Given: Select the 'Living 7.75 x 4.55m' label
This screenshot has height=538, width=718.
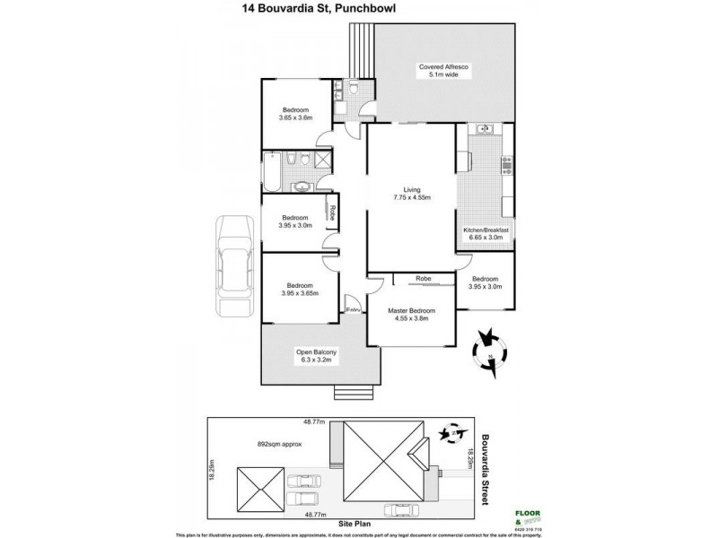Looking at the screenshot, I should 412,193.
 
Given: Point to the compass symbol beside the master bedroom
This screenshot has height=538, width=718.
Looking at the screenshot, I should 489,345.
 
